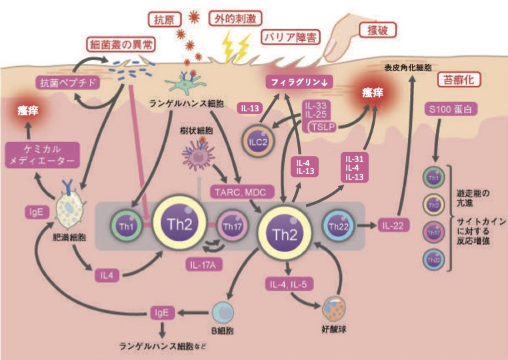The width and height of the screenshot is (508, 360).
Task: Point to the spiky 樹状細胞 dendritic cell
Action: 199,157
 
